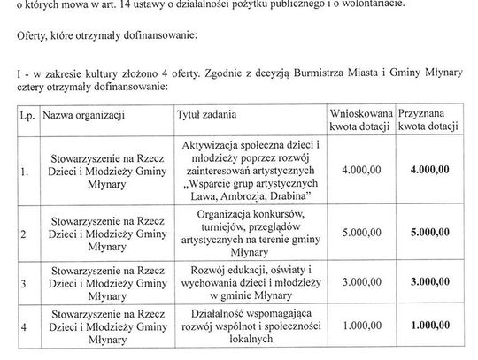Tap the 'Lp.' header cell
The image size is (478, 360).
[x=24, y=115]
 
